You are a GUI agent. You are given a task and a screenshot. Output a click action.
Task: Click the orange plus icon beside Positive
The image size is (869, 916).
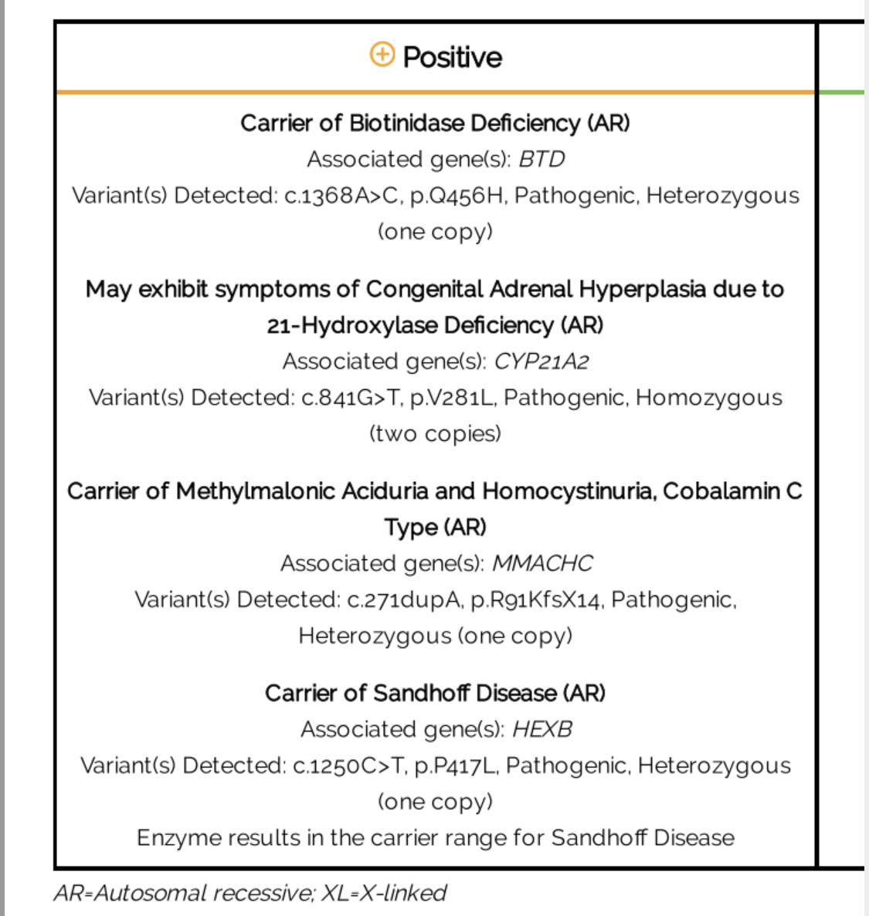click(x=382, y=56)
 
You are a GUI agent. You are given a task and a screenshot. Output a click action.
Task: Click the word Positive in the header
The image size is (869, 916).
click(x=453, y=57)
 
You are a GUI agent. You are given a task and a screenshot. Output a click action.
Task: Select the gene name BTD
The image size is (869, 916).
click(x=541, y=159)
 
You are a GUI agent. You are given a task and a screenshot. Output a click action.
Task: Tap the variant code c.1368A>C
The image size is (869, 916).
click(x=342, y=195)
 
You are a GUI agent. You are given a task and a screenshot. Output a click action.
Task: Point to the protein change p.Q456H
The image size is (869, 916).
click(x=457, y=195)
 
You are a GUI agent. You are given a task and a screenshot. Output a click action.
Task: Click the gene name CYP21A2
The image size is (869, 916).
click(x=541, y=361)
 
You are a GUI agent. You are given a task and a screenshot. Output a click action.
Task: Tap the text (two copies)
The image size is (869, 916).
click(x=435, y=433)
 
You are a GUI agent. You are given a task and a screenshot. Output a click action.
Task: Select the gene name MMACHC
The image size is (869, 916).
click(x=542, y=564)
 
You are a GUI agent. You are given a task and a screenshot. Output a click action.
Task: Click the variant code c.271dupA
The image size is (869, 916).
click(x=404, y=600)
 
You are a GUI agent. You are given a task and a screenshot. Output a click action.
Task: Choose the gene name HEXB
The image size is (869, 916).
click(x=542, y=729)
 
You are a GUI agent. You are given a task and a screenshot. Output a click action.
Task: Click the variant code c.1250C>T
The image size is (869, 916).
click(x=349, y=765)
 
